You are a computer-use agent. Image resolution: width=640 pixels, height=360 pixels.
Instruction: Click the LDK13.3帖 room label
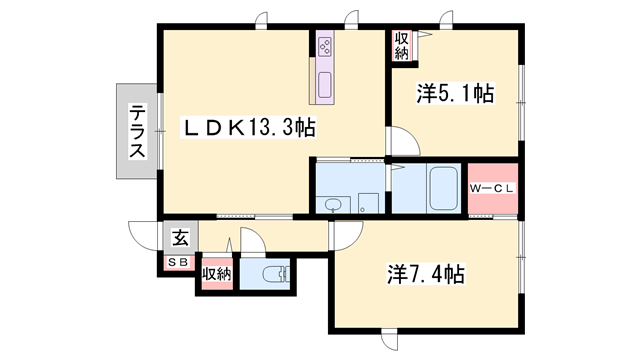248,128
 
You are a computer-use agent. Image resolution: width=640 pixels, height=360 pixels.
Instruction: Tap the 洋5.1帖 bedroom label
455,93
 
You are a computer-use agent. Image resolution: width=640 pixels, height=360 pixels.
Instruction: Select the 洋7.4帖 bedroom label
426,274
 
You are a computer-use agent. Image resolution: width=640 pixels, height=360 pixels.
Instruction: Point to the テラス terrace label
137,131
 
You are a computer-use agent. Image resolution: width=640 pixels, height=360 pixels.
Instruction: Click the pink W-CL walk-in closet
493,188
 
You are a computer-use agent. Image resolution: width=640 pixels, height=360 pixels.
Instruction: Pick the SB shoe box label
178,263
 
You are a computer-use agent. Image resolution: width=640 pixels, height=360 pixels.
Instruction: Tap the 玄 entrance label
180,238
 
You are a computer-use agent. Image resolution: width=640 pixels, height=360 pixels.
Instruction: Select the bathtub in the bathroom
444,188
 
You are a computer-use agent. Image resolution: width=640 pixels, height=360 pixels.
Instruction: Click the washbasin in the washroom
333,205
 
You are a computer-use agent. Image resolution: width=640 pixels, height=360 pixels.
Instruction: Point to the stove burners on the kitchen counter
325,47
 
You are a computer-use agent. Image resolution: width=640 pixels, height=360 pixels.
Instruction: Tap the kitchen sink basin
325,85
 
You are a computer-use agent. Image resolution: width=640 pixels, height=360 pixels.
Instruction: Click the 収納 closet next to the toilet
217,274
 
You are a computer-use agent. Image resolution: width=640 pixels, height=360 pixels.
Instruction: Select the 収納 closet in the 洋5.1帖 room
402,46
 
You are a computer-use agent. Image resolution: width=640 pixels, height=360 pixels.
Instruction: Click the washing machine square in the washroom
368,203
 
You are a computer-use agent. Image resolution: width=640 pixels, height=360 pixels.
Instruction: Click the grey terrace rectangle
137,131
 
